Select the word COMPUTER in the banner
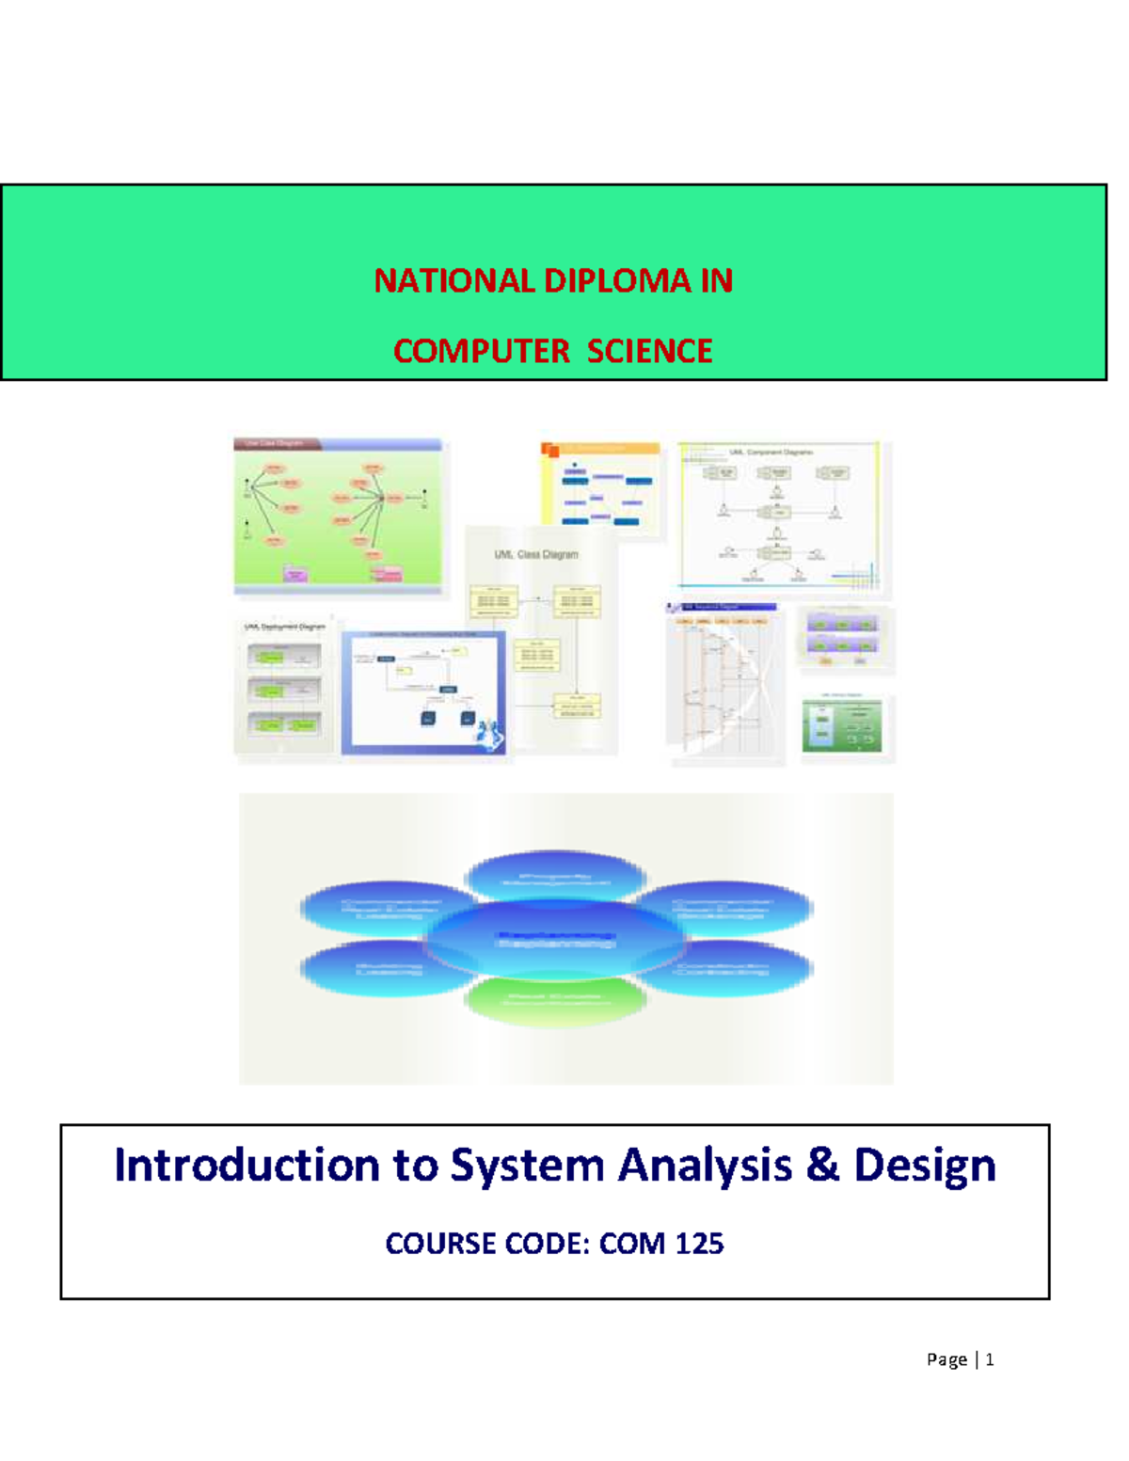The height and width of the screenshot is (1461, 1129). click(x=481, y=351)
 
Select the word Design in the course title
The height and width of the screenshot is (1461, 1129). click(x=924, y=1165)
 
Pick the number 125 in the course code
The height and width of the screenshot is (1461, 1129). click(x=699, y=1244)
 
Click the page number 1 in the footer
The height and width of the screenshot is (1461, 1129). click(x=989, y=1359)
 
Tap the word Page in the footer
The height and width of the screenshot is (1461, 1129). click(x=946, y=1359)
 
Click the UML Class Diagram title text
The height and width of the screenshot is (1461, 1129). click(x=536, y=554)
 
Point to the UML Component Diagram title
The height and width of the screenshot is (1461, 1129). click(x=771, y=453)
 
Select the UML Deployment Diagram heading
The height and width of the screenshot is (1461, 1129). click(x=284, y=627)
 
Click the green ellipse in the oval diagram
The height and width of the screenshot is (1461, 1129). click(x=554, y=1000)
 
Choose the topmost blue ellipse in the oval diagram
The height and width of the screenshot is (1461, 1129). click(x=555, y=876)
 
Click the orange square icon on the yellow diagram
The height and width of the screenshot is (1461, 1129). click(x=550, y=450)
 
